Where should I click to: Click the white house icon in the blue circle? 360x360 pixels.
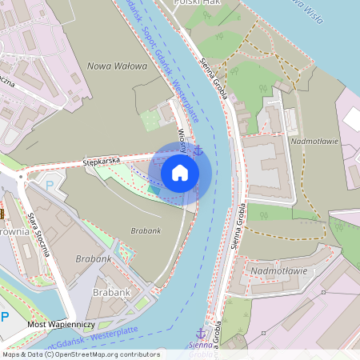pyautogui.click(x=180, y=172)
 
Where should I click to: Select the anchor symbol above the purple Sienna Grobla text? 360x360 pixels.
pyautogui.click(x=201, y=332)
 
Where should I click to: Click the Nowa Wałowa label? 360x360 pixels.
pyautogui.click(x=118, y=66)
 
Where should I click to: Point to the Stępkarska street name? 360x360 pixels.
pyautogui.click(x=102, y=161)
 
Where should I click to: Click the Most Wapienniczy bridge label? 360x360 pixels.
pyautogui.click(x=61, y=324)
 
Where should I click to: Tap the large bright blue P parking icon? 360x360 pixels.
pyautogui.click(x=5, y=318)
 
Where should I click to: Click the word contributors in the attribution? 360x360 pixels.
pyautogui.click(x=138, y=354)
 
